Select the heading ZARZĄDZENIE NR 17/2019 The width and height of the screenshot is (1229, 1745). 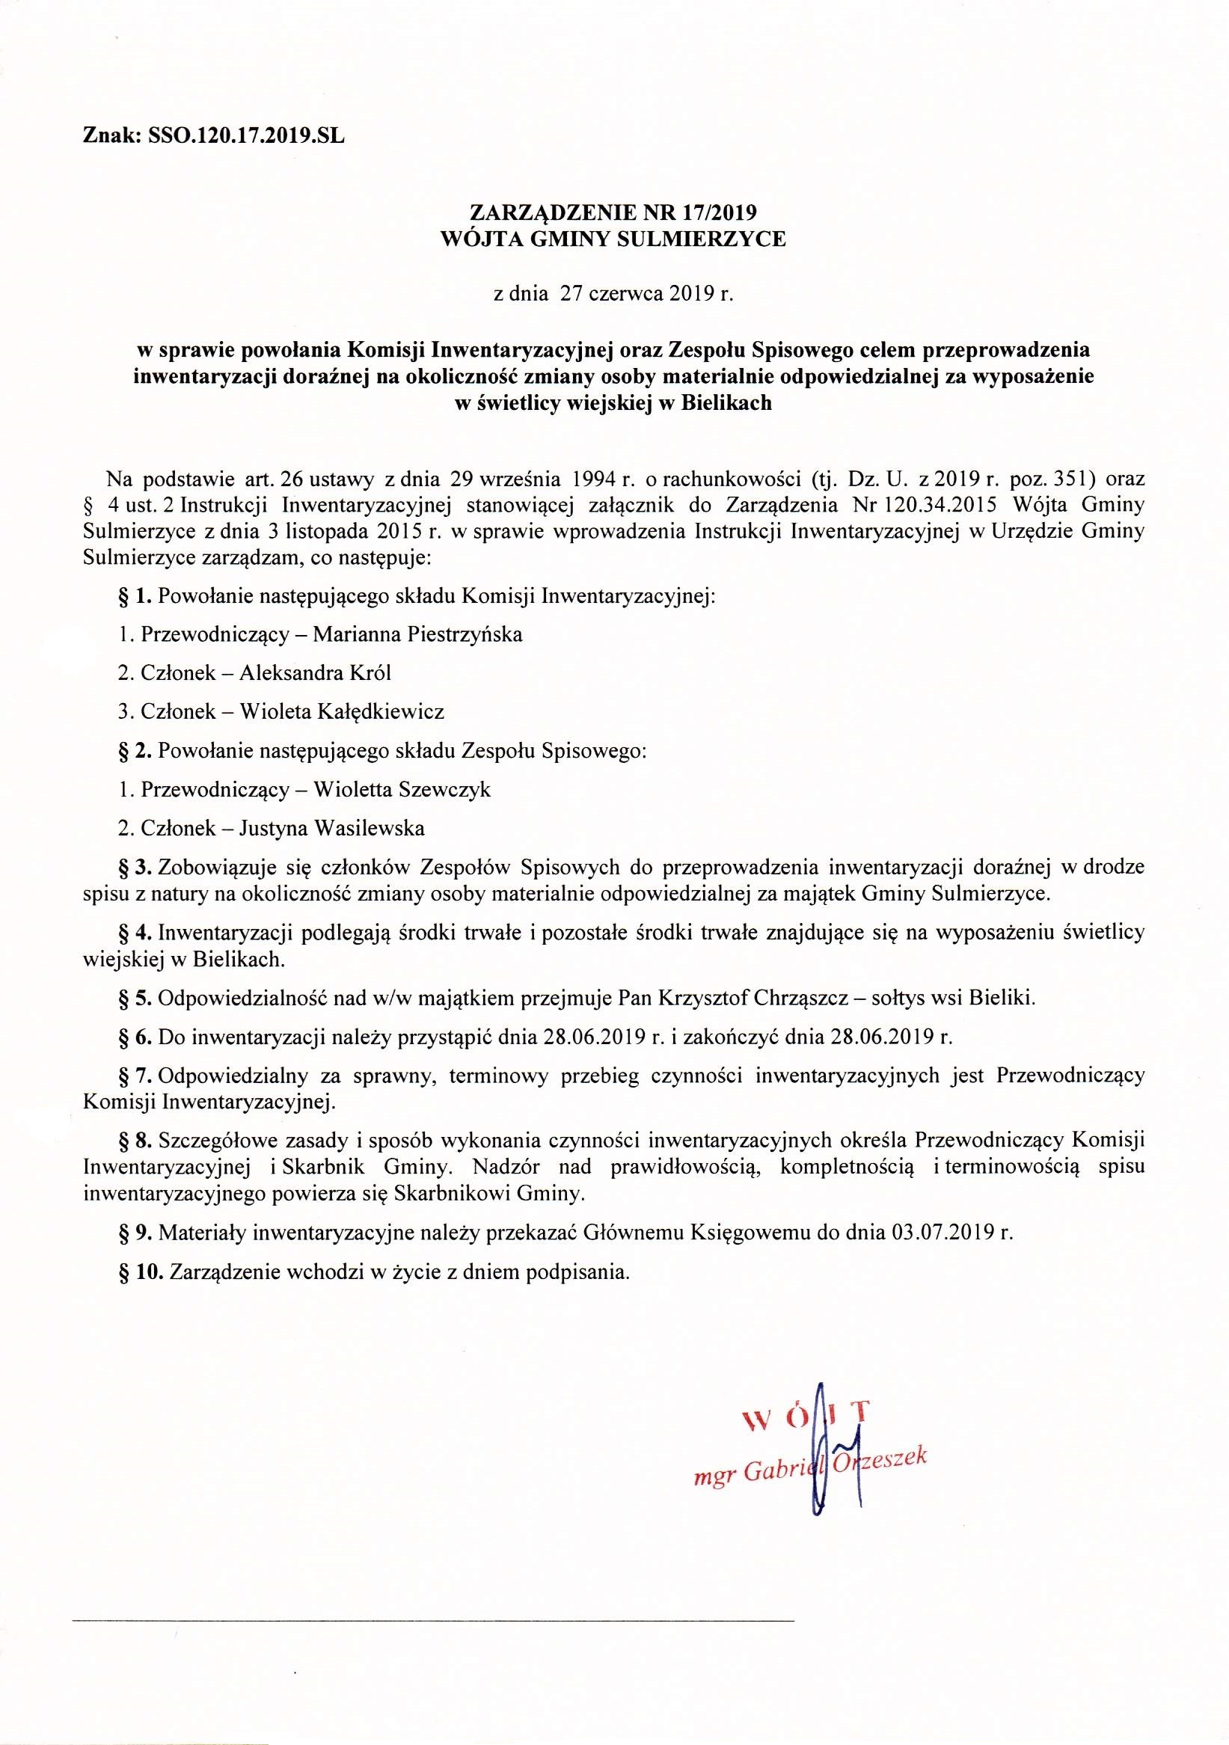click(x=613, y=213)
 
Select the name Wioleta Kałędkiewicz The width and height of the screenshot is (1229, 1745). click(x=341, y=711)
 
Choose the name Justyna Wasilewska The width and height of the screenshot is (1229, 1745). click(x=331, y=828)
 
